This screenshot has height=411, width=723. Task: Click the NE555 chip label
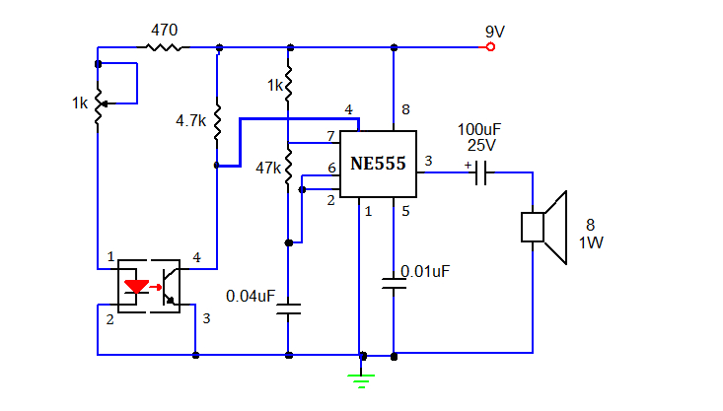pyautogui.click(x=378, y=164)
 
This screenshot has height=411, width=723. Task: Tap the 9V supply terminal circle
pyautogui.click(x=490, y=46)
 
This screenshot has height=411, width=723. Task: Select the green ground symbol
pyautogui.click(x=364, y=375)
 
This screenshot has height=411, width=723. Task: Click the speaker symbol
pyautogui.click(x=544, y=228)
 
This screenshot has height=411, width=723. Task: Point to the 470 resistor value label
pyautogui.click(x=164, y=30)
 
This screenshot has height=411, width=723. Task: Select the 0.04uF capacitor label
pyautogui.click(x=251, y=295)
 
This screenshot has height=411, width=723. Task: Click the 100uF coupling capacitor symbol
pyautogui.click(x=481, y=173)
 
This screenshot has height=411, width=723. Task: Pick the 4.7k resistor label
pyautogui.click(x=190, y=120)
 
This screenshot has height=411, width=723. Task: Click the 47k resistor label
pyautogui.click(x=267, y=168)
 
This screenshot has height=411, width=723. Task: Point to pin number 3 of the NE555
pyautogui.click(x=427, y=161)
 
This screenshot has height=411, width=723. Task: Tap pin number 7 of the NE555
pyautogui.click(x=330, y=135)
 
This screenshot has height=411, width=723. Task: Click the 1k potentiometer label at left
pyautogui.click(x=80, y=103)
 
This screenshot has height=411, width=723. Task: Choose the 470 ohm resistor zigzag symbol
pyautogui.click(x=166, y=46)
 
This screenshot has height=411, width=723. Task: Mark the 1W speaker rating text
pyautogui.click(x=592, y=242)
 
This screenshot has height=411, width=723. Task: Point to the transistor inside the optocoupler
pyautogui.click(x=170, y=287)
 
